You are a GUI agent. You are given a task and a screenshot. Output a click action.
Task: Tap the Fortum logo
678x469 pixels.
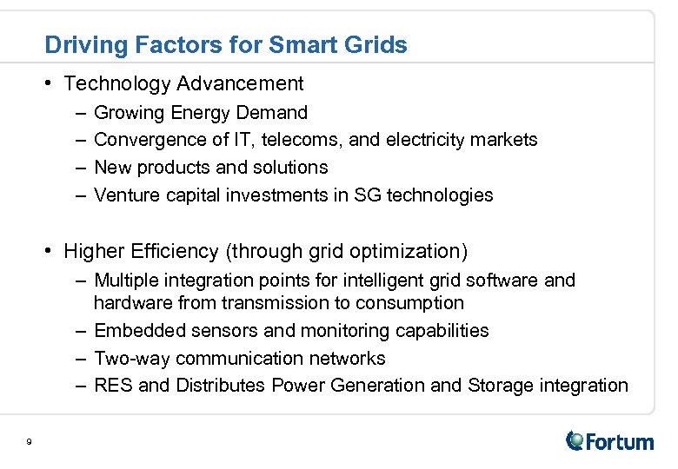610,441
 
